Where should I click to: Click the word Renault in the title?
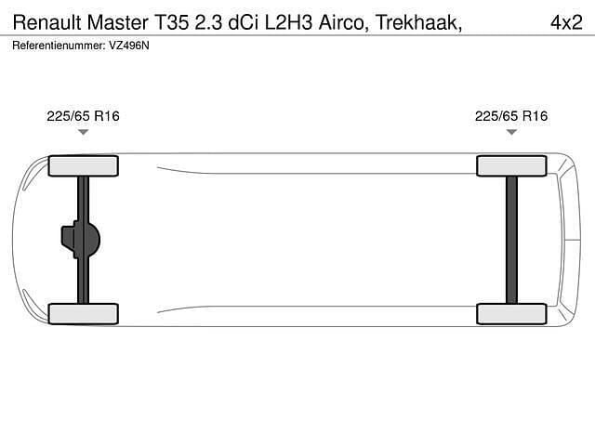tap(47, 22)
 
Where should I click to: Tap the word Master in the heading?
tap(118, 22)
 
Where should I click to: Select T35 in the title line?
tap(171, 22)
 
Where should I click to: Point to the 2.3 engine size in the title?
tap(208, 22)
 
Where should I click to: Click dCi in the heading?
tap(243, 22)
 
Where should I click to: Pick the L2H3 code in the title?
tap(288, 22)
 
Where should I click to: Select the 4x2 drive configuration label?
tap(566, 22)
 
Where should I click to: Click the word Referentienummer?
tap(59, 46)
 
